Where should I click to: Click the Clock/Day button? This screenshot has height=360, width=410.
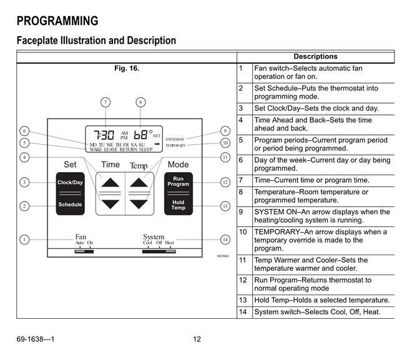click(x=70, y=182)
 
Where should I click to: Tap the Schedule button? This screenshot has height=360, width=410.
click(x=70, y=205)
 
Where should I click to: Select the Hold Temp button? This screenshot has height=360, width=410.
click(x=178, y=205)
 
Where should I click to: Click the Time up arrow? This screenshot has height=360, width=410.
click(x=110, y=182)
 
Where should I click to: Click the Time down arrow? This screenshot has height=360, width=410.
click(x=110, y=204)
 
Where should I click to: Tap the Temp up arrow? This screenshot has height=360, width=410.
click(x=139, y=182)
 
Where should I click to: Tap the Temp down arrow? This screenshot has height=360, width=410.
click(x=139, y=204)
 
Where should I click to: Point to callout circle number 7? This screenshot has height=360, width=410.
click(x=105, y=102)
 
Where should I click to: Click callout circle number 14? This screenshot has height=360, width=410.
click(x=225, y=240)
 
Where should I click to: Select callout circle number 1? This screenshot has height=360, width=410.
click(x=24, y=240)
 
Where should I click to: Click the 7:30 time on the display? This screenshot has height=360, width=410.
click(x=104, y=135)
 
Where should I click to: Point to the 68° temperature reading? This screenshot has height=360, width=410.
click(x=143, y=135)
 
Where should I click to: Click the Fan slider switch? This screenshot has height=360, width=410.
click(x=84, y=251)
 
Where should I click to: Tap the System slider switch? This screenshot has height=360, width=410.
click(x=159, y=251)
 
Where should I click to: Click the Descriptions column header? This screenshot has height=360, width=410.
click(x=316, y=57)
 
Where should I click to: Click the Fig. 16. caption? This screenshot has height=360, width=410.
click(x=127, y=68)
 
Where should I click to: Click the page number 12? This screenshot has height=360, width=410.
click(x=197, y=339)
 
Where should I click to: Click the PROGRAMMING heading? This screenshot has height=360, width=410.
click(x=57, y=21)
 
